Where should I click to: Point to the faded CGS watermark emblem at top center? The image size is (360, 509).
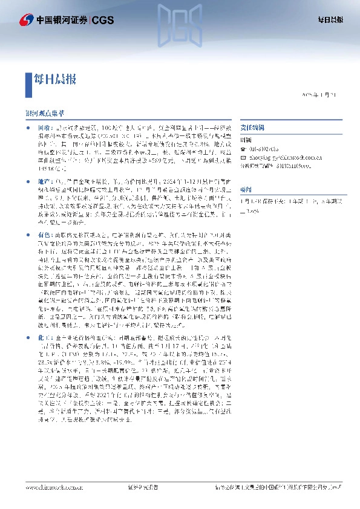[180, 24]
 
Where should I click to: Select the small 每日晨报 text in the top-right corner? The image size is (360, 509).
[331, 20]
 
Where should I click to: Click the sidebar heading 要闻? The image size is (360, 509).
[247, 187]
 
